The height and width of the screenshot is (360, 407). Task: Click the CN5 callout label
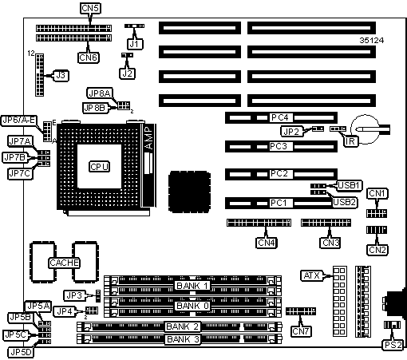(x=90, y=8)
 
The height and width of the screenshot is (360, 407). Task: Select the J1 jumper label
(x=135, y=44)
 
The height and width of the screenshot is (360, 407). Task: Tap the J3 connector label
(x=61, y=76)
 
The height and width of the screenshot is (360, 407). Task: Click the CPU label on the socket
(x=99, y=167)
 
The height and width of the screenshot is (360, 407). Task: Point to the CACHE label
(x=64, y=263)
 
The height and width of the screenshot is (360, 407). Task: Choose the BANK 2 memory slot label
(x=183, y=326)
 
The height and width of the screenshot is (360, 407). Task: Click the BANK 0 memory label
(x=192, y=306)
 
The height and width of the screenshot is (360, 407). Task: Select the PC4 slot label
(x=280, y=117)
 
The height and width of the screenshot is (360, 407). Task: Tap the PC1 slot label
(x=279, y=203)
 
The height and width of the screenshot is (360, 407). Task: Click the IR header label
(x=350, y=141)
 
